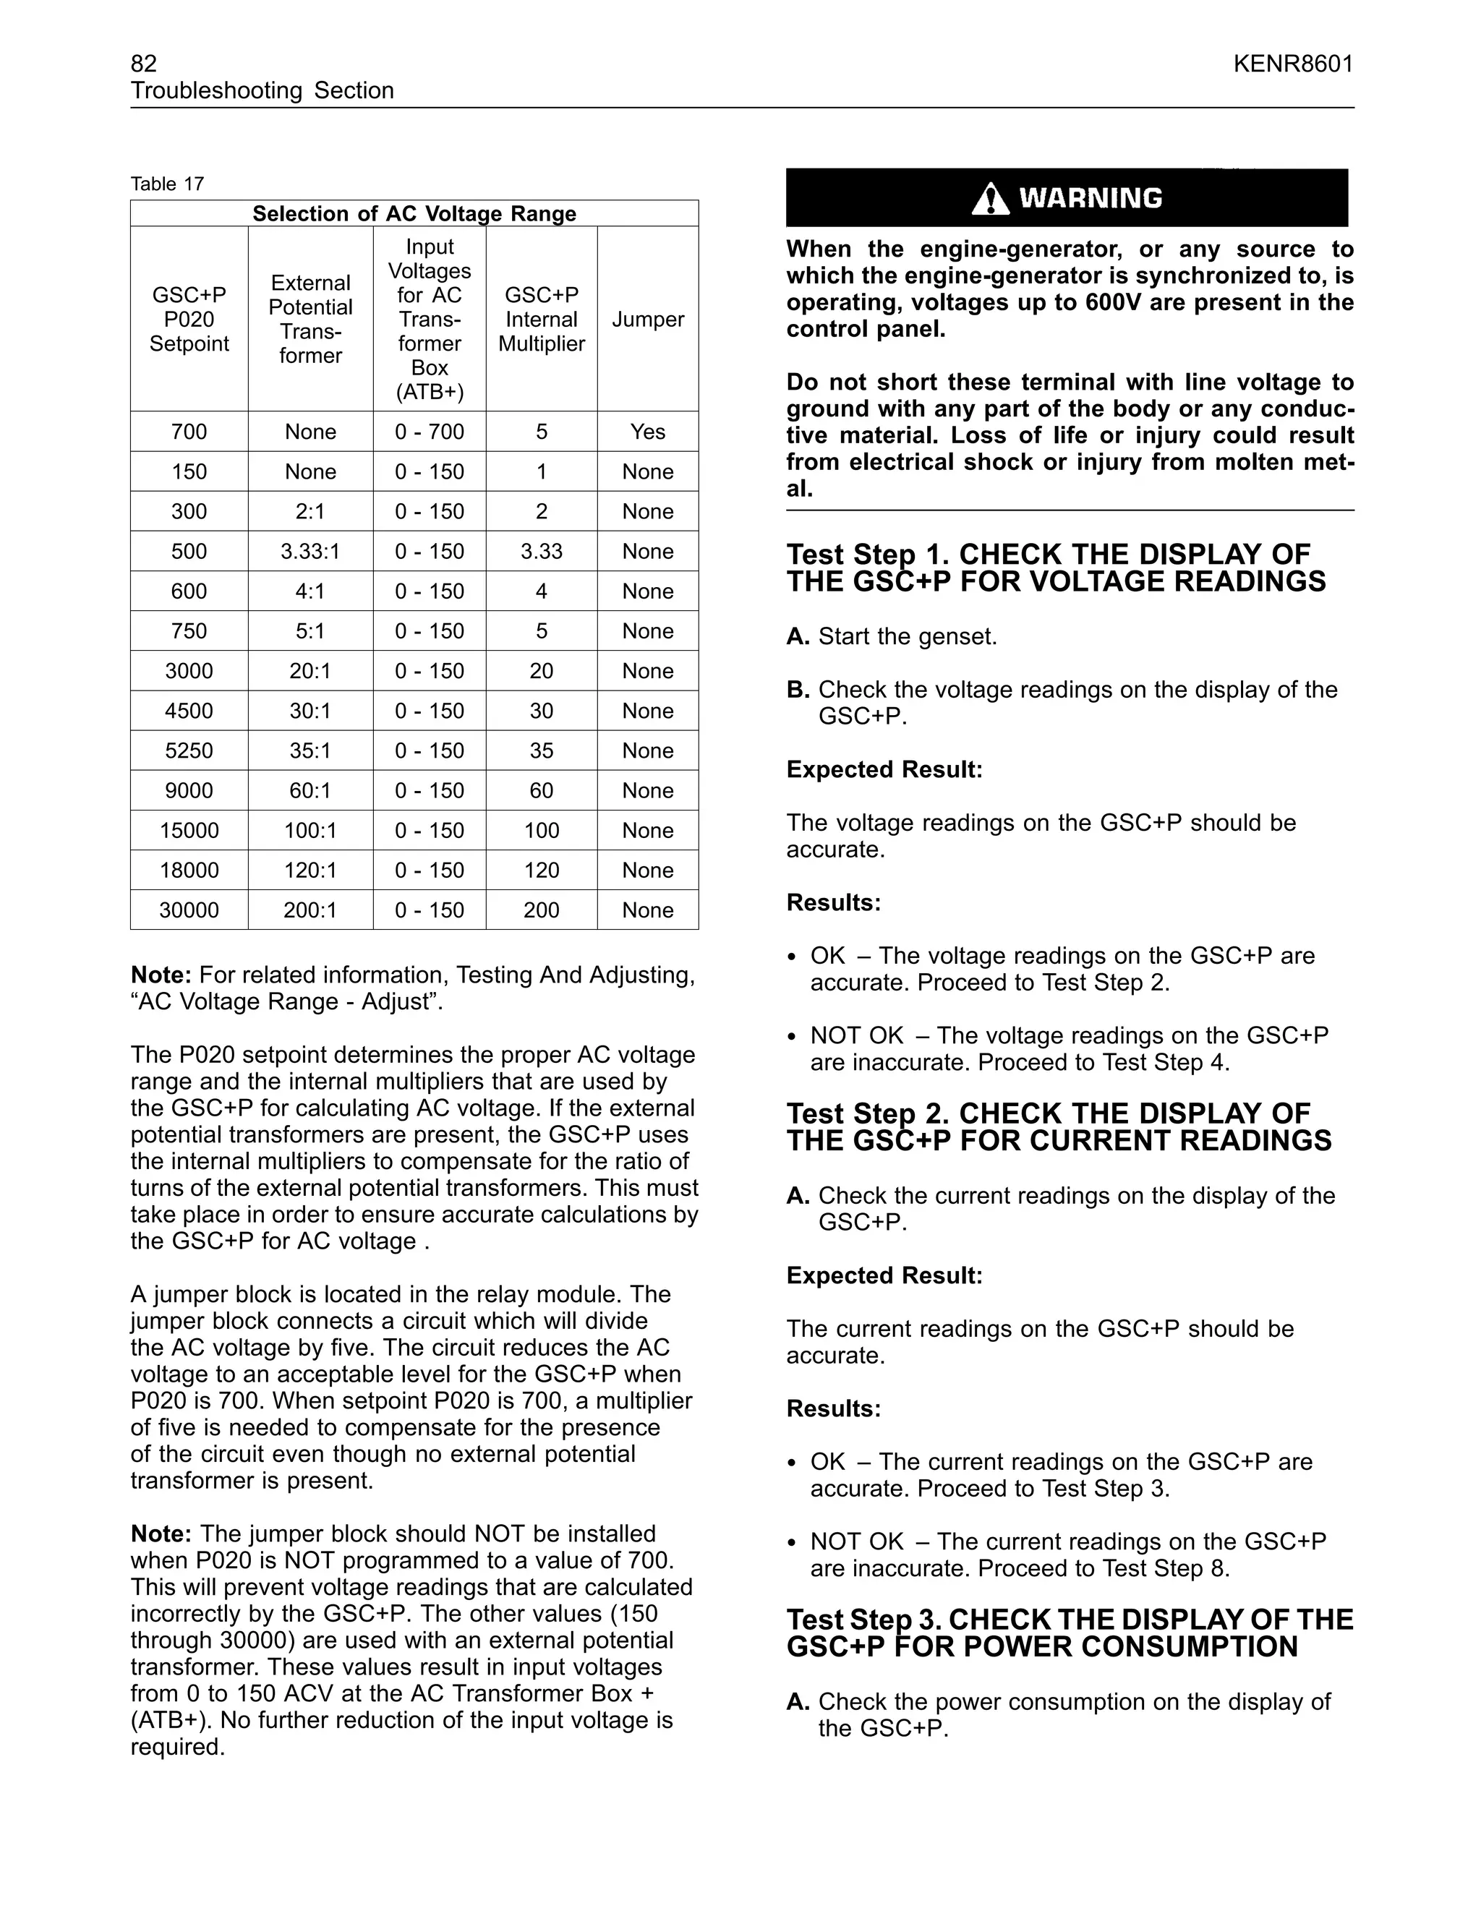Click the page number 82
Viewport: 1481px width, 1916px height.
click(144, 63)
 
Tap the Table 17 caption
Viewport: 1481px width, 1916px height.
click(168, 184)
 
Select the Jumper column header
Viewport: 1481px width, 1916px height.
click(647, 320)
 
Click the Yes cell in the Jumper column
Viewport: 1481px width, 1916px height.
click(647, 432)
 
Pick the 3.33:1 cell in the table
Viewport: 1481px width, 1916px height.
click(310, 551)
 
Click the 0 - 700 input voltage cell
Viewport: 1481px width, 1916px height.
click(429, 432)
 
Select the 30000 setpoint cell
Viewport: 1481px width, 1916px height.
click(189, 910)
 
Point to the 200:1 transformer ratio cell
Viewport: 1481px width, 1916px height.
click(310, 910)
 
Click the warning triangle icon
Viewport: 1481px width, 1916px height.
click(991, 199)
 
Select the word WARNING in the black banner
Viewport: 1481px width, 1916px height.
click(1091, 198)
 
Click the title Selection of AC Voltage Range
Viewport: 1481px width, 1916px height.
click(414, 214)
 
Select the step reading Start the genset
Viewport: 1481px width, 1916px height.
click(908, 636)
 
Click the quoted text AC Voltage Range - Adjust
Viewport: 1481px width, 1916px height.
click(286, 1002)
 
